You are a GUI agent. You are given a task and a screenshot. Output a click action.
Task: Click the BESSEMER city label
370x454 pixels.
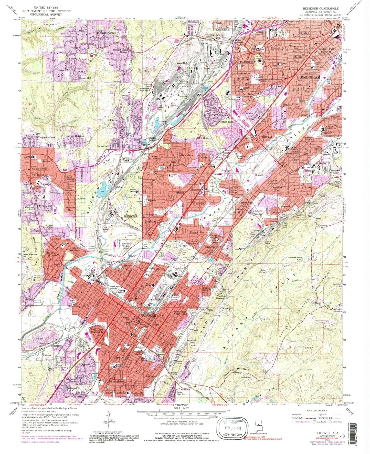pos(147,316)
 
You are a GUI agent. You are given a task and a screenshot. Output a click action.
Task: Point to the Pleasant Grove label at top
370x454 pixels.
pos(106,33)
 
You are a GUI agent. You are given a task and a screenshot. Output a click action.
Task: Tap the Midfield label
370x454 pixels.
pos(267,137)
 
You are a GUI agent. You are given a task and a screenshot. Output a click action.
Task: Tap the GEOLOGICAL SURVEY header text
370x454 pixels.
pos(40,15)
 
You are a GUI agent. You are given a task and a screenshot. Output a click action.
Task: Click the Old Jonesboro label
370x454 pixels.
pos(58,344)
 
